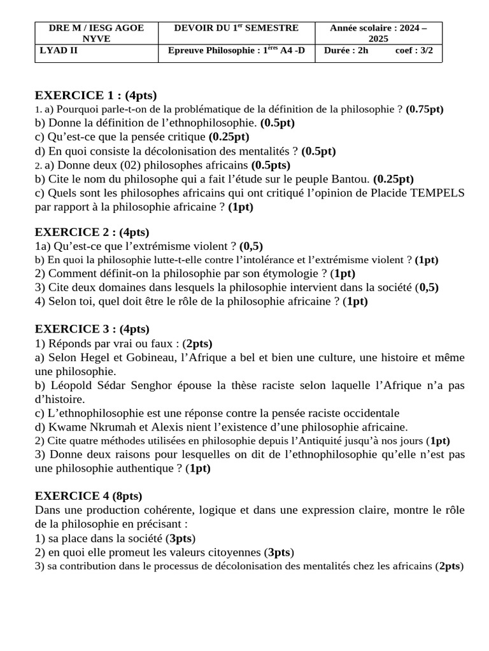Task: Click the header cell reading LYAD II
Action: point(56,51)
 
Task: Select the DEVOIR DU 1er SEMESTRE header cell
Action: point(236,28)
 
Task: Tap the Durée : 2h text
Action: point(346,51)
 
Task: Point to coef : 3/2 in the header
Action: point(414,51)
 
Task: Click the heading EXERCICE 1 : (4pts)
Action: point(96,95)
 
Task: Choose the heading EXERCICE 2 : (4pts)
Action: point(92,232)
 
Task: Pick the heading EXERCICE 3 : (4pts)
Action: point(92,329)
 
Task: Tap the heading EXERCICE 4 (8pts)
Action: point(89,496)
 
